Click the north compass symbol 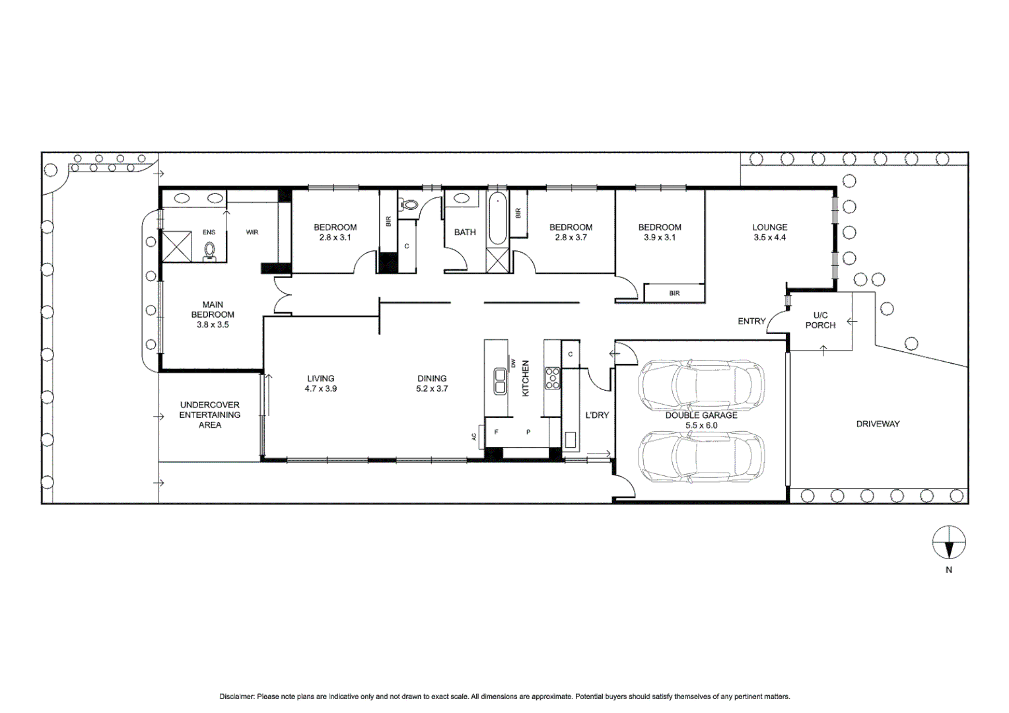pyautogui.click(x=948, y=543)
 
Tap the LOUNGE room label pyautogui.click(x=769, y=227)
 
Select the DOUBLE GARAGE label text pyautogui.click(x=701, y=415)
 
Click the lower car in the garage pyautogui.click(x=701, y=456)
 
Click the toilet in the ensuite pyautogui.click(x=210, y=251)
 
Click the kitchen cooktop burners pyautogui.click(x=552, y=378)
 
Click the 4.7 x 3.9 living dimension pyautogui.click(x=320, y=389)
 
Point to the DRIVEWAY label pyautogui.click(x=878, y=424)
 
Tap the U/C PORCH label pyautogui.click(x=820, y=320)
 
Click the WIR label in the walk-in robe pyautogui.click(x=252, y=232)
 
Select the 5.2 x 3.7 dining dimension pyautogui.click(x=432, y=389)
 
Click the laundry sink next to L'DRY pyautogui.click(x=570, y=439)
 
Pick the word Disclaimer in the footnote pyautogui.click(x=236, y=696)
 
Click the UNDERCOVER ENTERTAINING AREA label pyautogui.click(x=210, y=415)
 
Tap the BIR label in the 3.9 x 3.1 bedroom pyautogui.click(x=674, y=293)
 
